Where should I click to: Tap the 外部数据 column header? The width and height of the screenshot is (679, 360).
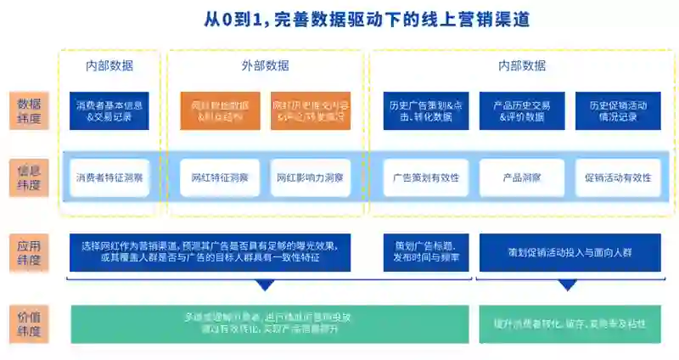click(x=265, y=65)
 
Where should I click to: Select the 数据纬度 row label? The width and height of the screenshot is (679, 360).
click(x=29, y=110)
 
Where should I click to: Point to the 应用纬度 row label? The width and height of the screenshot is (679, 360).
click(x=29, y=252)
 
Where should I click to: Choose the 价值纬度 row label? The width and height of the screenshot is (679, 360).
click(x=29, y=323)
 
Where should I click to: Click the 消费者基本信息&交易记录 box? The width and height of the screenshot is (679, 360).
click(x=109, y=110)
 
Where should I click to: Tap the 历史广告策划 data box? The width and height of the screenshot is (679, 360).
click(x=420, y=110)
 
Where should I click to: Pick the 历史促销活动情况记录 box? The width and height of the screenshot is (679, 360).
click(x=618, y=110)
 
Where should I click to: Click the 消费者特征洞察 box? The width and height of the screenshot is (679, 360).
click(x=109, y=178)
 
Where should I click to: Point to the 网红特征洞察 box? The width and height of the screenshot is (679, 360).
click(x=220, y=178)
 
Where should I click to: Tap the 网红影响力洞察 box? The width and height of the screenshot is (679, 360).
click(x=310, y=178)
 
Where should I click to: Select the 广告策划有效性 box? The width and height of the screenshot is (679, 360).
click(x=421, y=178)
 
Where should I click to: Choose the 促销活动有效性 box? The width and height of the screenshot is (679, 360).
click(x=618, y=178)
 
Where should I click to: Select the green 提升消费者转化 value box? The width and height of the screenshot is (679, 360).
click(x=570, y=323)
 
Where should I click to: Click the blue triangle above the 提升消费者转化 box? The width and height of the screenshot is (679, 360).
click(x=568, y=286)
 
